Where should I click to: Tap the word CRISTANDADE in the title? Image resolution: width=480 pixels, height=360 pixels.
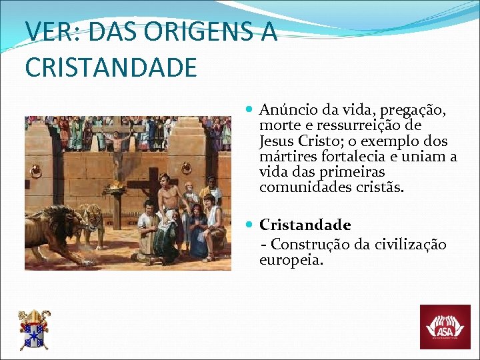pyautogui.click(x=111, y=67)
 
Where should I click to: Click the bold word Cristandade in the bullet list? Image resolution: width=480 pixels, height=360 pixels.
pyautogui.click(x=305, y=225)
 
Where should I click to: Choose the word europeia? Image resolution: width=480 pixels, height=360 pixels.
pyautogui.click(x=291, y=260)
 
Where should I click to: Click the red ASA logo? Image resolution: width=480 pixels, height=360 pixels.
pyautogui.click(x=445, y=327)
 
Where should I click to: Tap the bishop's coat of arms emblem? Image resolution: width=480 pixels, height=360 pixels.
pyautogui.click(x=33, y=329)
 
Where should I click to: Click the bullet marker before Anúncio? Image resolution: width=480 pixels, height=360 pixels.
pyautogui.click(x=249, y=109)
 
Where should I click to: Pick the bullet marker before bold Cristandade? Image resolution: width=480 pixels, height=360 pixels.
pyautogui.click(x=249, y=225)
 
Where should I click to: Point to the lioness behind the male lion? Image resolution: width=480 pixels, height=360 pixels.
pyautogui.click(x=90, y=221)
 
